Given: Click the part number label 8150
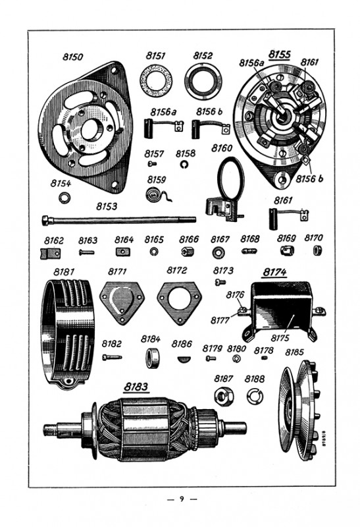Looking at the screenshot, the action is point(73,57).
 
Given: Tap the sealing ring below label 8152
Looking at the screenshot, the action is point(203,82).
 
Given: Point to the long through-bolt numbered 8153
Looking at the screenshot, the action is point(119,221).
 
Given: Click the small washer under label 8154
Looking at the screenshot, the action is point(64,198).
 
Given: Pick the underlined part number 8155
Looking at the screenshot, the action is point(280,55).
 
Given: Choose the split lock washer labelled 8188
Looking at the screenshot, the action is point(255,396).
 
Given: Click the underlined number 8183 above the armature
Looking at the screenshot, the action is point(136,387).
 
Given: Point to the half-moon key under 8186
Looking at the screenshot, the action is point(184,359).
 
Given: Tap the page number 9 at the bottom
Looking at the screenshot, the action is point(182,499).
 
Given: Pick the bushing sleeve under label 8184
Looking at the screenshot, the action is point(152,358).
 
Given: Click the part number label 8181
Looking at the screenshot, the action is point(64,271).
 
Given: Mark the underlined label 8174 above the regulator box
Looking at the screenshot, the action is point(274,272).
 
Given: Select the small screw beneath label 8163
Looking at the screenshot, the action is point(87,252).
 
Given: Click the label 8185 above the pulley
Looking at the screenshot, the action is point(294,352).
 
